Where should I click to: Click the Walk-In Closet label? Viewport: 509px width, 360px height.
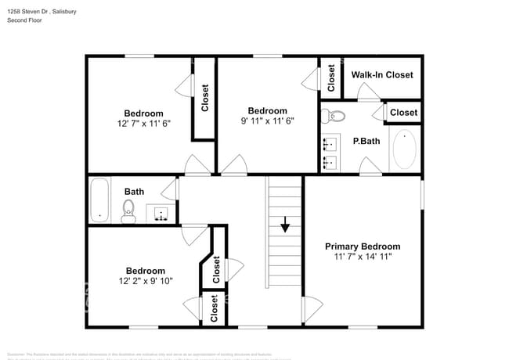[x=381, y=75]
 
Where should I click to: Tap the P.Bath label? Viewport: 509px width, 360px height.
[x=366, y=142]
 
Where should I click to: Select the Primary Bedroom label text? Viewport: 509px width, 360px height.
[x=363, y=246]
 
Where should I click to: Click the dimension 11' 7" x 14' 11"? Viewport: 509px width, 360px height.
[x=363, y=256]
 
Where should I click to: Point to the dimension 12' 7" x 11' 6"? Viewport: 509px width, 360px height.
[x=143, y=123]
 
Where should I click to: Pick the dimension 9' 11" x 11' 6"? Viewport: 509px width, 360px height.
[x=267, y=121]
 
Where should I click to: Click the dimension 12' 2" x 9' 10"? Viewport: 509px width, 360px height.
[x=146, y=281]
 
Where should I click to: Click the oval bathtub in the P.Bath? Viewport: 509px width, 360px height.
[x=404, y=149]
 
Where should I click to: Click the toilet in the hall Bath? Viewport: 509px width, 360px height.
[x=129, y=210]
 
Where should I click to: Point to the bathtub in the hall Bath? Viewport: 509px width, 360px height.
[x=99, y=200]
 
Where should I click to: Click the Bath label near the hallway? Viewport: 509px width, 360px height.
[x=134, y=191]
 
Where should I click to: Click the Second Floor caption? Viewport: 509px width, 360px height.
[x=24, y=20]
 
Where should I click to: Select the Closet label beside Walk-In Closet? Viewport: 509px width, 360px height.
[x=331, y=76]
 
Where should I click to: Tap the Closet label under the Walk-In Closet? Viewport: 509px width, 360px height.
[x=403, y=113]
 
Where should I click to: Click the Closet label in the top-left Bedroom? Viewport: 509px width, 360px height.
[x=205, y=99]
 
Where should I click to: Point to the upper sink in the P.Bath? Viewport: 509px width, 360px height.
[x=330, y=143]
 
